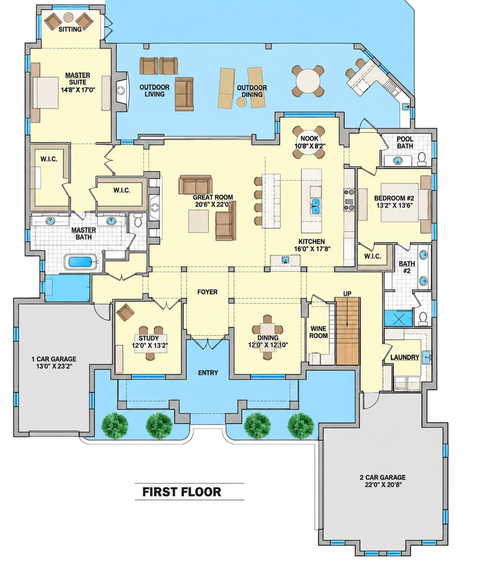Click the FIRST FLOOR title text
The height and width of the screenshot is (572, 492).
(181, 492)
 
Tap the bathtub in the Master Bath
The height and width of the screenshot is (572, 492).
(80, 262)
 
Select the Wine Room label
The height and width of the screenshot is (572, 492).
(319, 332)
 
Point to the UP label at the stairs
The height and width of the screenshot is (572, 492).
(347, 294)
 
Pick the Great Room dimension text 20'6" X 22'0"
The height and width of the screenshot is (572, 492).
(213, 204)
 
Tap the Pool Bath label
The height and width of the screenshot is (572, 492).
(405, 142)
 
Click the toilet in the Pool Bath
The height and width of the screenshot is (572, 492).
(422, 159)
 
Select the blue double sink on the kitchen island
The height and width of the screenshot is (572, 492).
(315, 206)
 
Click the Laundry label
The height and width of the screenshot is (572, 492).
(405, 357)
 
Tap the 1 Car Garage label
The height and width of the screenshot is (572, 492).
(54, 359)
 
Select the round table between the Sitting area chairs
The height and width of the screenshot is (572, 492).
(69, 17)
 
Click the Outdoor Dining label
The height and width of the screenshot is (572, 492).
(252, 91)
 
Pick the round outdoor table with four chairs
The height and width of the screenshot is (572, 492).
(308, 81)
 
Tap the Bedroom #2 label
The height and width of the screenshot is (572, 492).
(394, 198)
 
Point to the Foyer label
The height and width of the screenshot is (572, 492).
(207, 292)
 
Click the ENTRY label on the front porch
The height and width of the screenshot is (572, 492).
(208, 373)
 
